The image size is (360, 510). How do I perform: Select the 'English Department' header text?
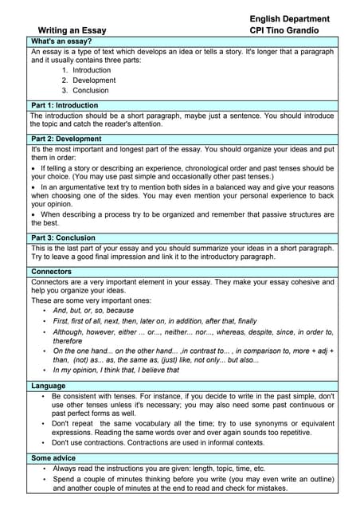coord(289,18)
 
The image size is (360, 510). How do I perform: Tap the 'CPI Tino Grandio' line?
coord(284,31)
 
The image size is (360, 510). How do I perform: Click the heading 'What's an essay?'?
coord(61,41)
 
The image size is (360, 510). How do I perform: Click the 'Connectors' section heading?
coord(53,271)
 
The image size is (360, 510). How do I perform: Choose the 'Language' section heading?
coord(49,386)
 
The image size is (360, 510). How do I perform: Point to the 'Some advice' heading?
coord(54,458)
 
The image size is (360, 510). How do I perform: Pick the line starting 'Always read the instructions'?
coord(159,469)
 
